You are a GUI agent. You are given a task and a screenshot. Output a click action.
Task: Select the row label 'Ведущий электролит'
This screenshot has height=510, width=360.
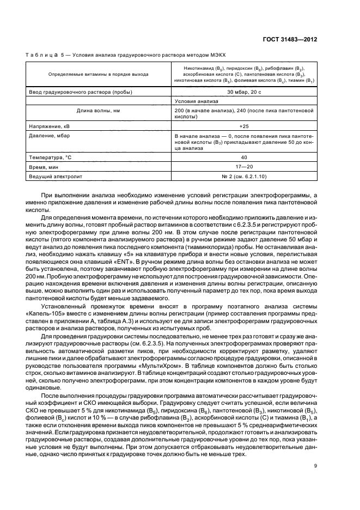pos(54,177)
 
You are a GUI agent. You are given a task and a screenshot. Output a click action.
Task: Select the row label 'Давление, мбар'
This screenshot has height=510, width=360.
pos(50,135)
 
